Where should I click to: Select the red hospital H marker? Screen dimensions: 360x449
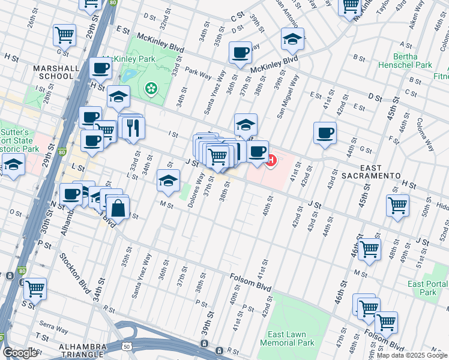click(271, 161)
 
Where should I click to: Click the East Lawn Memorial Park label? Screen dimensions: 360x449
click(291, 339)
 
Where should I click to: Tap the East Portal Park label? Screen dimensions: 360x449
click(427, 288)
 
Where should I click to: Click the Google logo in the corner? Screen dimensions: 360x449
click(19, 353)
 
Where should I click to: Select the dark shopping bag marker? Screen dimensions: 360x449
click(119, 209)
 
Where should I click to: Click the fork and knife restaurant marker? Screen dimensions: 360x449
click(133, 127)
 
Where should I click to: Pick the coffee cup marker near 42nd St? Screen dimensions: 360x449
click(325, 133)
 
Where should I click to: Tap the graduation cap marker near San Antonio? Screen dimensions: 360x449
click(292, 40)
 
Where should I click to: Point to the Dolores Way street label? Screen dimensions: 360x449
click(196, 191)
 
